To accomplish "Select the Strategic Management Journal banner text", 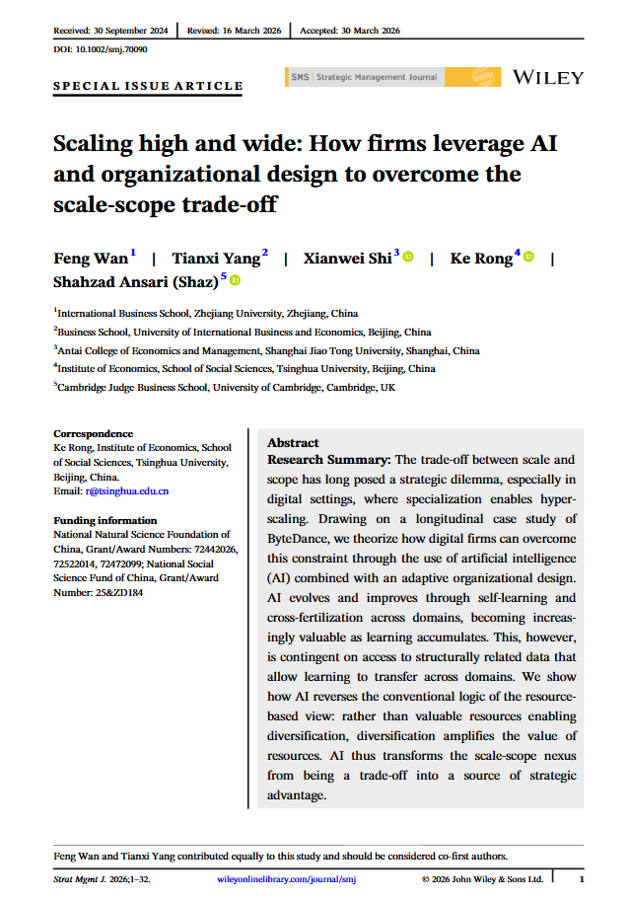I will pos(376,76).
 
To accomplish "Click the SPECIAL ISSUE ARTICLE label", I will pos(148,86).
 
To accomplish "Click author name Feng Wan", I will pos(90,259).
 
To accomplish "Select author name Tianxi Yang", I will pos(216,259).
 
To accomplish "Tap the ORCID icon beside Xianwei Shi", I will pos(408,258).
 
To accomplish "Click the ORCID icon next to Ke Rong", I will pos(528,258).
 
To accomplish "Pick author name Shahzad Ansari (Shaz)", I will pos(136,281).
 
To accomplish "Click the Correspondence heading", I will pos(93,433).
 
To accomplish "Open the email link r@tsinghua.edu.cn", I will pos(127,490).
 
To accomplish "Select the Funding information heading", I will pos(105,520).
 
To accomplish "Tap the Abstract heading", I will pos(293,443).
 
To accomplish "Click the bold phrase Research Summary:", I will pos(328,461).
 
